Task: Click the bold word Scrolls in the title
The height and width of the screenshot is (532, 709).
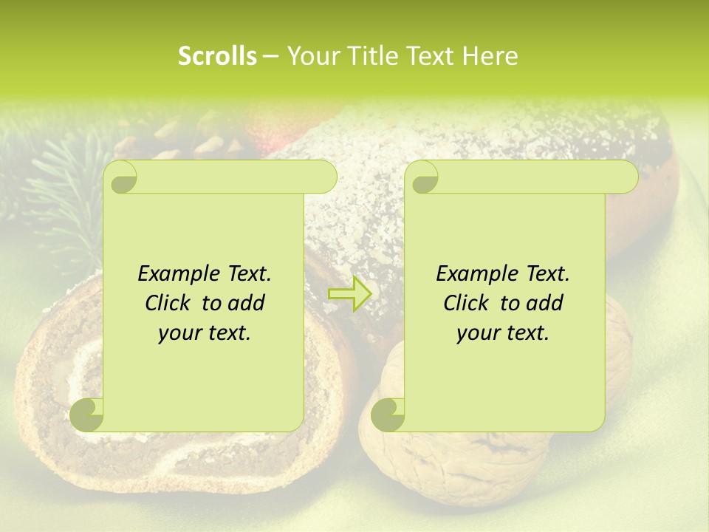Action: (217, 56)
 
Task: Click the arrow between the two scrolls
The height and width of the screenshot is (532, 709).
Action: (351, 293)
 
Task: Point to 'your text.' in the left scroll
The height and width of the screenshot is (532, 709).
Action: (205, 332)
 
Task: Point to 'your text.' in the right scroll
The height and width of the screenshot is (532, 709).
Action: (503, 332)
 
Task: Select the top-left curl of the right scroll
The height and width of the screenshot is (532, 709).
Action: (422, 178)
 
